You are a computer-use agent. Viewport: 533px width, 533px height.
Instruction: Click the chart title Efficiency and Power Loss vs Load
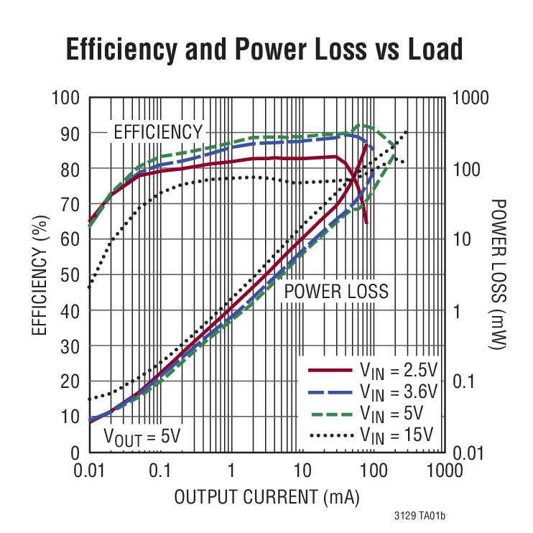pos(265,50)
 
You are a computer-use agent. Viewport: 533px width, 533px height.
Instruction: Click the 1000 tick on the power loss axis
pos(471,98)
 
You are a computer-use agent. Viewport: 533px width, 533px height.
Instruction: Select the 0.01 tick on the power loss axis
pos(469,453)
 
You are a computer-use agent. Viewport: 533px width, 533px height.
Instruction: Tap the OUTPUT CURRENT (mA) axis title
pos(266,496)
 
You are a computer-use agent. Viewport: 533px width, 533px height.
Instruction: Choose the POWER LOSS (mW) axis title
pos(498,275)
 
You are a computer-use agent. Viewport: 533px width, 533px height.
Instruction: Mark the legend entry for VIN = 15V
pos(371,435)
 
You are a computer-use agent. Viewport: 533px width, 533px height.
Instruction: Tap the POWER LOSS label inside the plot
pos(336,292)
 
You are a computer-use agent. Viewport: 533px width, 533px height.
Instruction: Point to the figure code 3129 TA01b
pos(420,516)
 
